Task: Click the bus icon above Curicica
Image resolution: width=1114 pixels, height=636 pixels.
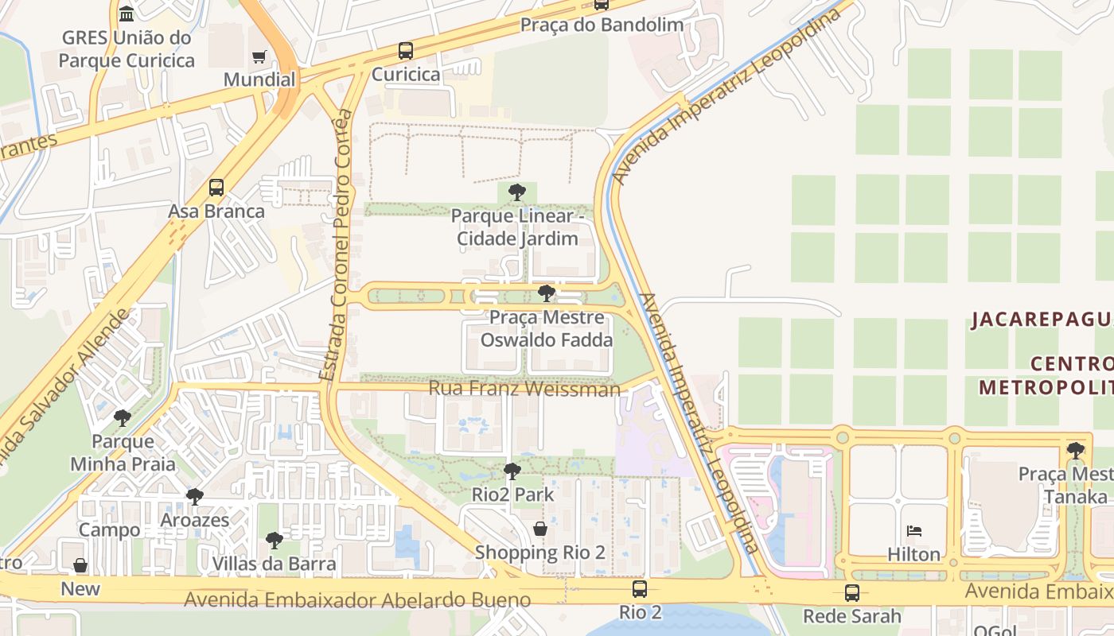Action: tap(406, 51)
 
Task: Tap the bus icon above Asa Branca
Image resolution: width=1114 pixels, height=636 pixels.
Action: tap(216, 188)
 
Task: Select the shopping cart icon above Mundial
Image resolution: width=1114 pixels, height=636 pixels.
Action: tap(259, 56)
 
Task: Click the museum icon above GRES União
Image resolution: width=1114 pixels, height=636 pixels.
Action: tap(127, 14)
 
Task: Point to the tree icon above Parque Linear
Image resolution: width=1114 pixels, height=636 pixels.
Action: tap(517, 192)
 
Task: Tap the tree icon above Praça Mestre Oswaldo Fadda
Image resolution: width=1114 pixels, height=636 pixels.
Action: tap(546, 293)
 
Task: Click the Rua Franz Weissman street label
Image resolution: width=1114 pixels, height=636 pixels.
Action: tap(524, 389)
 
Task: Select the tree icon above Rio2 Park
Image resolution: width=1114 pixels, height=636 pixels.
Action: tap(512, 471)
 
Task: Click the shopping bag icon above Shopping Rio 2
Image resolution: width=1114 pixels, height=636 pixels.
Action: tap(540, 529)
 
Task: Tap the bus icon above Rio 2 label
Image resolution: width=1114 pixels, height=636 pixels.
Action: tap(640, 589)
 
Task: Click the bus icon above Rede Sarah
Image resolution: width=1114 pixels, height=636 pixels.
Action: tap(852, 592)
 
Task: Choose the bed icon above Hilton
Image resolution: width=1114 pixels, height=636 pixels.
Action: tap(913, 531)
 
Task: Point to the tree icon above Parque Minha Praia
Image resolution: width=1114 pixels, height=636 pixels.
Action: tap(123, 417)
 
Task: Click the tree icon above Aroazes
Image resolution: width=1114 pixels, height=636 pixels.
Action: tap(194, 497)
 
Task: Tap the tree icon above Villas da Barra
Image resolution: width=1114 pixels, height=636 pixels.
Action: tap(274, 541)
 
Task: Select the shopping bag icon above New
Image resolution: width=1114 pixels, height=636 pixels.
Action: tap(80, 565)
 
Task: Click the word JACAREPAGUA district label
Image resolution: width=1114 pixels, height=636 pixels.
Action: tap(1041, 320)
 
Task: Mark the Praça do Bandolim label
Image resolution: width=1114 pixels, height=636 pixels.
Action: tap(602, 25)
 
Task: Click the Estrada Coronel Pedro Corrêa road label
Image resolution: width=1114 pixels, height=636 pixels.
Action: tap(334, 246)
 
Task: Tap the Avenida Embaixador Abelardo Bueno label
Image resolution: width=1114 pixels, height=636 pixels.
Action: tap(357, 599)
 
